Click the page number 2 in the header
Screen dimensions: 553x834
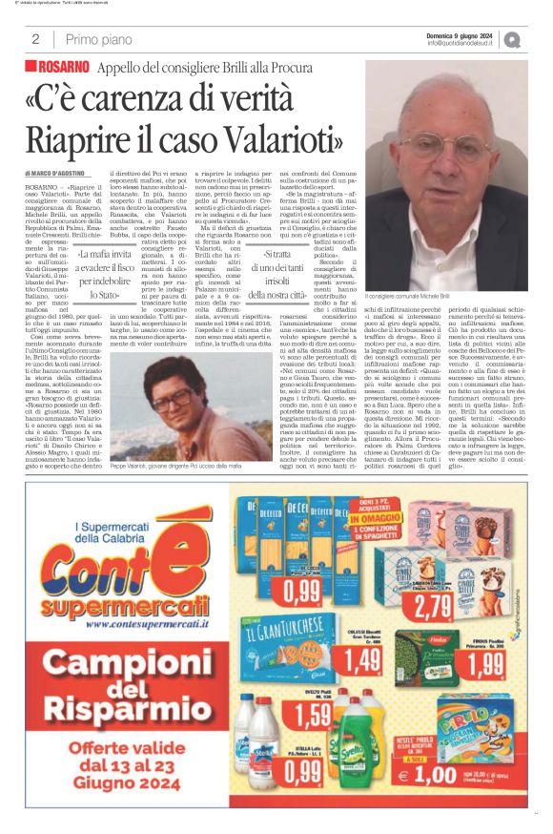pyautogui.click(x=34, y=39)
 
